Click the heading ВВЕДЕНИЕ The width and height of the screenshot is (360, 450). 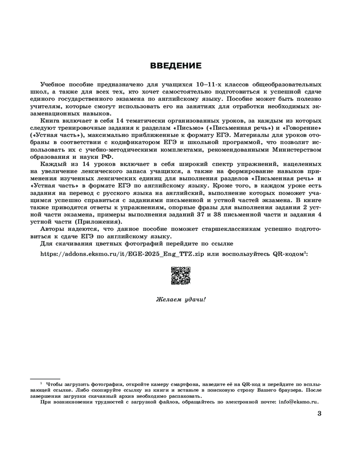coord(175,66)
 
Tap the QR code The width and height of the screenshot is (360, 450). coord(180,275)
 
